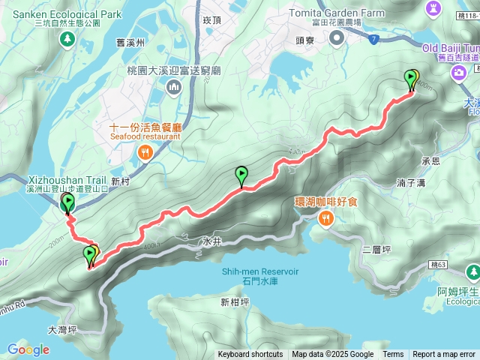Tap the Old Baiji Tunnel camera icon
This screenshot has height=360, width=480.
tap(458, 73)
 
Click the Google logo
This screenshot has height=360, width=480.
tap(28, 349)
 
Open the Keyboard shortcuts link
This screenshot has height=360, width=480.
tap(250, 355)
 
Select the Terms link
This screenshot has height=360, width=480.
tap(393, 355)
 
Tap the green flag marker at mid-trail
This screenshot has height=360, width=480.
tap(241, 175)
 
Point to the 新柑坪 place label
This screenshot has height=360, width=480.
tap(235, 303)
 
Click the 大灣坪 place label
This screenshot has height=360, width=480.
tap(62, 329)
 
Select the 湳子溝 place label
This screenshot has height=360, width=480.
tap(411, 182)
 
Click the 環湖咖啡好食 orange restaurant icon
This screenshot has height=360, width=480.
tap(325, 219)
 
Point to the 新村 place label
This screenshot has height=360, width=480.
tap(120, 181)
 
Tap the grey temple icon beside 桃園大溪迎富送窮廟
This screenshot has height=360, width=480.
tap(174, 88)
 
